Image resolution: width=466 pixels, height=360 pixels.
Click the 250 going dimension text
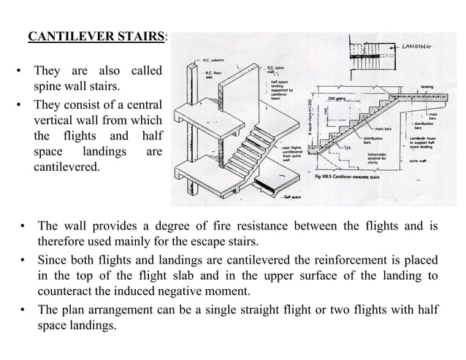coord(337,99)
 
